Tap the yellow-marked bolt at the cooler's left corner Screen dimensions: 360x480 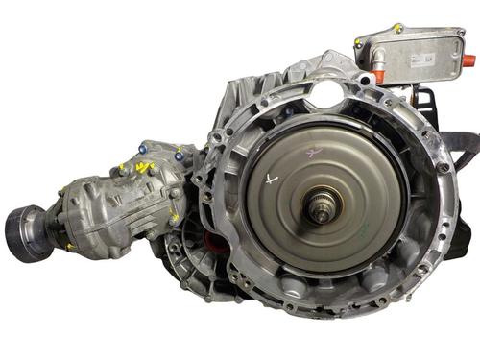pyautogui.click(x=359, y=42)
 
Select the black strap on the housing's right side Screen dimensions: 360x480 pyautogui.click(x=464, y=144)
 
